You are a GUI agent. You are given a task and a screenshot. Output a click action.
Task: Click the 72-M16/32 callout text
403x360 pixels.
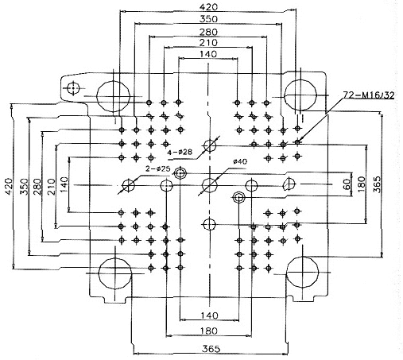click(369, 95)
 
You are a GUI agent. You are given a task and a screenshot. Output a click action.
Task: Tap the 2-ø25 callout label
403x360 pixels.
click(157, 168)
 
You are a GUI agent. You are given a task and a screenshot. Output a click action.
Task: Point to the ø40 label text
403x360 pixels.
click(240, 161)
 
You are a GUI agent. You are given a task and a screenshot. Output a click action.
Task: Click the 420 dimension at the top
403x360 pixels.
click(208, 7)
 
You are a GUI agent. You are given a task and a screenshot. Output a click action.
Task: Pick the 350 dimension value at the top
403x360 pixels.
click(208, 19)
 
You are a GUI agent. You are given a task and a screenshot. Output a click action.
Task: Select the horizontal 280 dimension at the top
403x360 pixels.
click(208, 32)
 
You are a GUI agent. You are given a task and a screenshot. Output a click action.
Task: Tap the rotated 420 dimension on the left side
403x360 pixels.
click(9, 187)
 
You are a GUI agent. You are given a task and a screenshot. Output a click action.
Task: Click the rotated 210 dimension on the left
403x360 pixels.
click(52, 187)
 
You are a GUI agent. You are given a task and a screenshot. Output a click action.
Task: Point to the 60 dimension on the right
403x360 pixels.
click(347, 184)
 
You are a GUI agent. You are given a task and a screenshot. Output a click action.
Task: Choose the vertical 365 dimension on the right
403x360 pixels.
click(376, 184)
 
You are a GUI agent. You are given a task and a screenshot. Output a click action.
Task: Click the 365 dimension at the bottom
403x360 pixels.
click(211, 349)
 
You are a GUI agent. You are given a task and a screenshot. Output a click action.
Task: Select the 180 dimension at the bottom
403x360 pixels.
click(209, 331)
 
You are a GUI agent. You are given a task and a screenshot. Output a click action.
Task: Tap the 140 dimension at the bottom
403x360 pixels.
click(209, 315)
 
